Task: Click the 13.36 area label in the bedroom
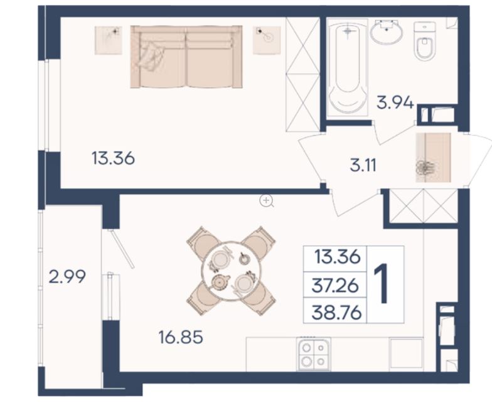(113, 158)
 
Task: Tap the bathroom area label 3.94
(395, 102)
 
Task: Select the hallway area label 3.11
(363, 165)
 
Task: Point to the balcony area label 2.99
(67, 277)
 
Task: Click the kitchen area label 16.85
(181, 337)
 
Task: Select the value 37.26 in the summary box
(335, 286)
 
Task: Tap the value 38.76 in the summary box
(336, 313)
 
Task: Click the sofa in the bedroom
(186, 57)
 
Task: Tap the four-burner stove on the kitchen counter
(314, 354)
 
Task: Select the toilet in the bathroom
(425, 41)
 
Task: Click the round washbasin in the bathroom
(387, 31)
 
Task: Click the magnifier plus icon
(267, 201)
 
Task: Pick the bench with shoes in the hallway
(433, 158)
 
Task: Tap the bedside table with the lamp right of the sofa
(267, 40)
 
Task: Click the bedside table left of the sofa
(108, 40)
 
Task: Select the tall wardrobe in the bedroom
(302, 74)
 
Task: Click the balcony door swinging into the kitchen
(122, 249)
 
